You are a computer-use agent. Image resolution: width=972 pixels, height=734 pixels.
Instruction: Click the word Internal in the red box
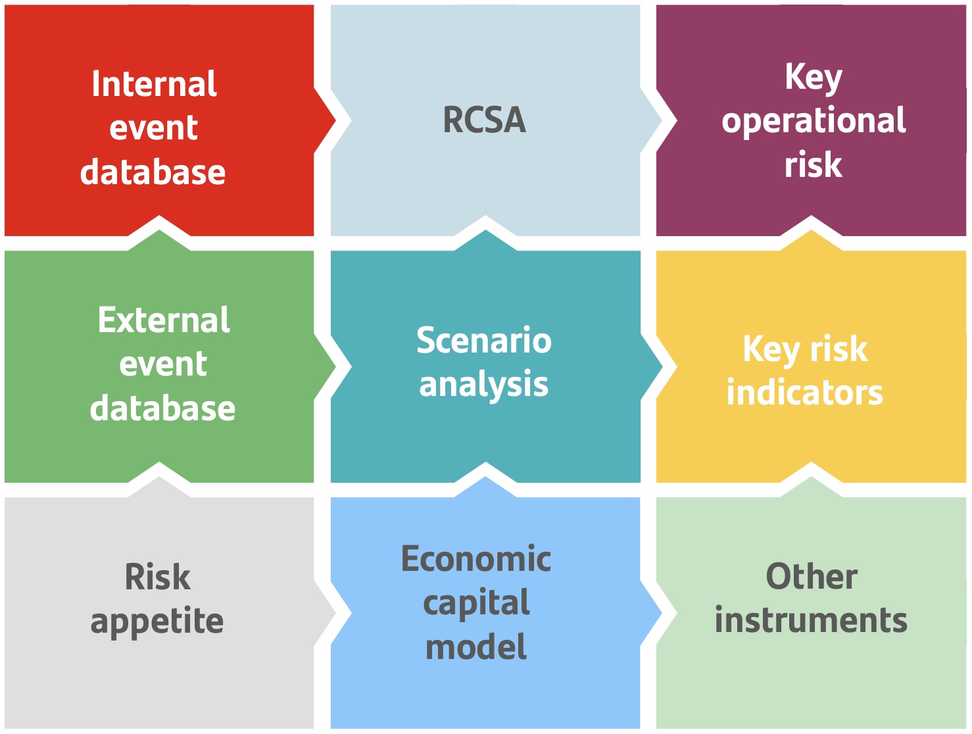154,84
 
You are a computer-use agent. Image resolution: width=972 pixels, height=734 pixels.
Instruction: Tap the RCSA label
485,120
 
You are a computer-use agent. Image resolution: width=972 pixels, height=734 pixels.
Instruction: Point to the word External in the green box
164,320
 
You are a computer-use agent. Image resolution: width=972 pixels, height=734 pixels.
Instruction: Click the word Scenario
484,341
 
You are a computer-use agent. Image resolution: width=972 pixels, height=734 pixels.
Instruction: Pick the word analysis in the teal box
484,385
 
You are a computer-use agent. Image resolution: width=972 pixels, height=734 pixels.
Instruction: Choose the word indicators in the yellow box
804,393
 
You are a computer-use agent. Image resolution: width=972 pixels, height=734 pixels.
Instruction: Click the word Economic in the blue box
476,559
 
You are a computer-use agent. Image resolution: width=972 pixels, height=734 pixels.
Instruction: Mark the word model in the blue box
476,647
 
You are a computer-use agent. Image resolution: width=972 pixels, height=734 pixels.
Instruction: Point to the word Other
812,577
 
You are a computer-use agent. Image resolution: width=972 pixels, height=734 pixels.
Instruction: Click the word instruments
811,620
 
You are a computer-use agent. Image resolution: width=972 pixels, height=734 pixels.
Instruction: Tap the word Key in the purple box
814,78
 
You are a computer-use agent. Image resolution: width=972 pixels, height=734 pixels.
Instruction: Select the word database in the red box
153,172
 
